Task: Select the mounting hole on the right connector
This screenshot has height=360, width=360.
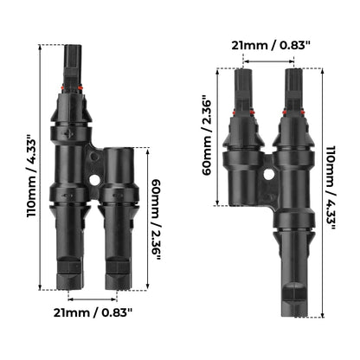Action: [269, 174]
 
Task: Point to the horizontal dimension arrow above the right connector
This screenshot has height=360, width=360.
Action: [268, 61]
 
